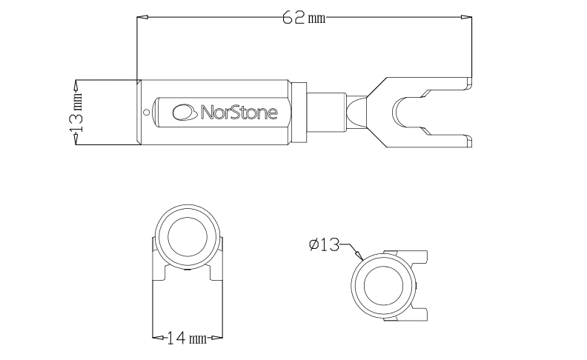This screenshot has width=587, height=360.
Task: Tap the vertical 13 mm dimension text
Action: pyautogui.click(x=76, y=113)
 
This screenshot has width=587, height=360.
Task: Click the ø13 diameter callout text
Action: pyautogui.click(x=324, y=244)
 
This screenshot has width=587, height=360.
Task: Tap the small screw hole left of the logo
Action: pyautogui.click(x=147, y=113)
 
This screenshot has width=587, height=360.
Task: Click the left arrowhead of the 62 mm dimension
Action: pyautogui.click(x=142, y=16)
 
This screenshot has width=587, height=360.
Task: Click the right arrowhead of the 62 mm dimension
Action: pyautogui.click(x=467, y=16)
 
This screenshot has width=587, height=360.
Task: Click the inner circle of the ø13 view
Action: pyautogui.click(x=382, y=287)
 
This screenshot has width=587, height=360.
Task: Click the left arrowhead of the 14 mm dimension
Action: pyautogui.click(x=156, y=339)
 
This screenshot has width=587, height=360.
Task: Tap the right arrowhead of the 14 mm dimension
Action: pyautogui.click(x=217, y=339)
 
